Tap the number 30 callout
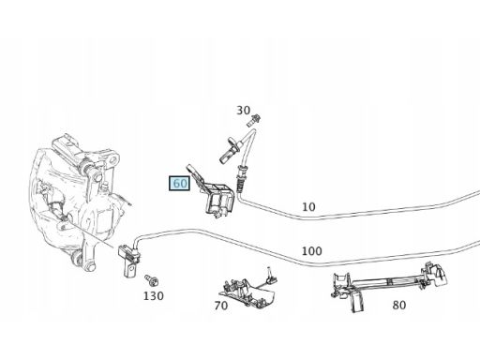(244, 111)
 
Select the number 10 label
(308, 206)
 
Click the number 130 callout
(153, 296)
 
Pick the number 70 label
(221, 305)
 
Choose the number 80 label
(398, 304)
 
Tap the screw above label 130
(151, 279)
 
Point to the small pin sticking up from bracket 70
(268, 274)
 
